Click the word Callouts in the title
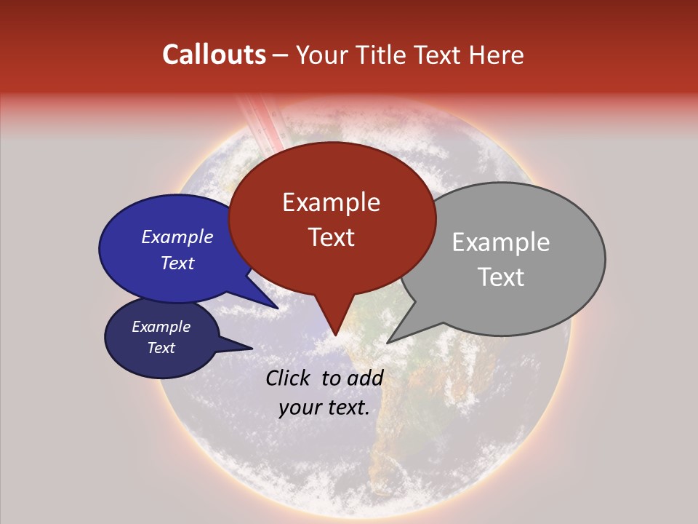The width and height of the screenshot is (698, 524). [x=214, y=55]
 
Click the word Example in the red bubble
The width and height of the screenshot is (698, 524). [x=331, y=202]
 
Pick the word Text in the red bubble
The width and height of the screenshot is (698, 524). [x=331, y=237]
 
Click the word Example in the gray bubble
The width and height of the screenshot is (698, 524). [x=501, y=242]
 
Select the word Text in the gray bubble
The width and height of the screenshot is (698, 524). [x=501, y=277]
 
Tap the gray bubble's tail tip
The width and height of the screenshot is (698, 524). [x=388, y=342]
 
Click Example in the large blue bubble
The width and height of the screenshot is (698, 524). [x=177, y=237]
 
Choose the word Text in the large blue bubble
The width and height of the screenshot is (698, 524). [x=177, y=263]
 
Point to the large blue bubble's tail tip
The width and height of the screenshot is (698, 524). [x=278, y=309]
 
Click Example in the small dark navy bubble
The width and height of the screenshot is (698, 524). [x=161, y=327]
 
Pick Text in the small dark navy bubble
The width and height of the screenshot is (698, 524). [x=161, y=347]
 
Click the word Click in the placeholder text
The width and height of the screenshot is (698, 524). [x=289, y=378]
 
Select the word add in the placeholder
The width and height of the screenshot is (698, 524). [x=365, y=378]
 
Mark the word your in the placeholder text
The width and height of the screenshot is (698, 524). [x=299, y=408]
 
